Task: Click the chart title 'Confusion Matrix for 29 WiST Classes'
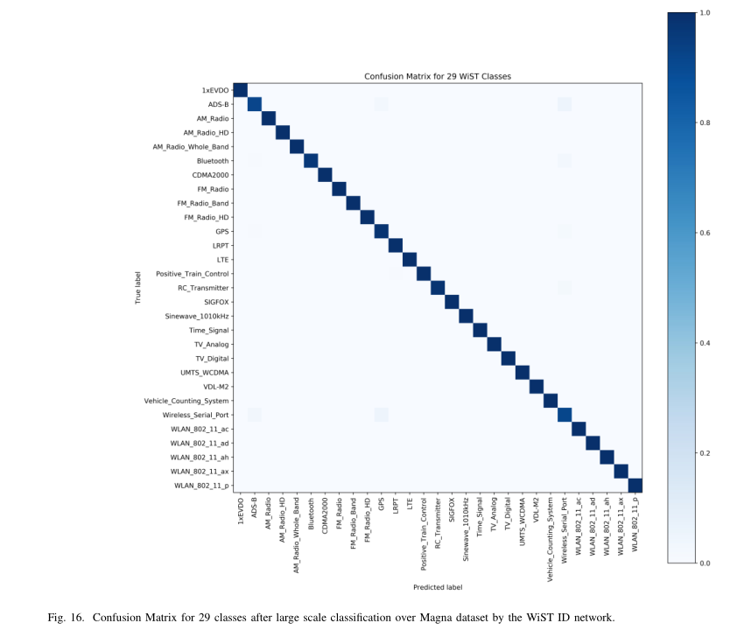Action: [x=437, y=77]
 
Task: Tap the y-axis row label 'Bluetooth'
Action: [x=213, y=161]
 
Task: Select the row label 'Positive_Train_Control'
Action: [x=193, y=274]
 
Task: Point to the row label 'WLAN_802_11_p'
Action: [x=201, y=486]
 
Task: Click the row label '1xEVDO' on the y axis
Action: [x=215, y=90]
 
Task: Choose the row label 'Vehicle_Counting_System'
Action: [x=187, y=401]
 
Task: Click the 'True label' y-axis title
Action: [x=138, y=288]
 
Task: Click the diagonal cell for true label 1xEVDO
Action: [x=241, y=91]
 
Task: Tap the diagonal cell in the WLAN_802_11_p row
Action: [x=635, y=486]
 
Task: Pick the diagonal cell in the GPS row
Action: [x=381, y=232]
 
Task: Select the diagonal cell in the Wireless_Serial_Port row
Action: [x=564, y=415]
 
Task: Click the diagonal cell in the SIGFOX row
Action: [x=452, y=302]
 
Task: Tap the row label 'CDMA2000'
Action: [x=211, y=175]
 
